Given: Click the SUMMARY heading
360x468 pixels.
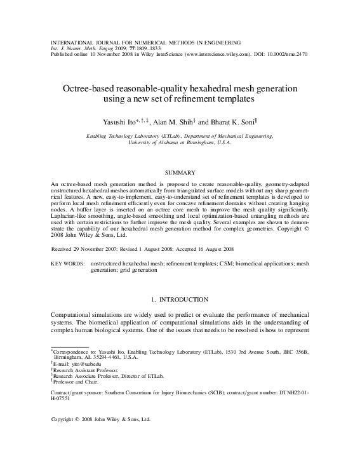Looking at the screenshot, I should [180, 172].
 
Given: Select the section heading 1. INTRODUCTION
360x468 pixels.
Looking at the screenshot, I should [180, 298].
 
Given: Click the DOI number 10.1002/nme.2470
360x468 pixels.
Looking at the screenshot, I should [288, 55].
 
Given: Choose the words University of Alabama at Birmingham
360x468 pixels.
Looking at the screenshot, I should [180, 143].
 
